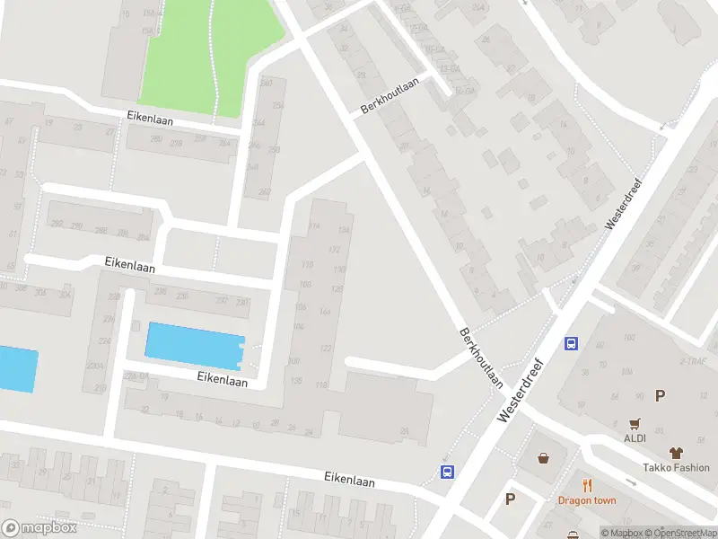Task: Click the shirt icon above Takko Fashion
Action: coord(676,453)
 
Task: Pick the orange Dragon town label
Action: coord(587,500)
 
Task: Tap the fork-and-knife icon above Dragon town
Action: coord(587,485)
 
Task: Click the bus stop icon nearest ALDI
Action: coord(571,342)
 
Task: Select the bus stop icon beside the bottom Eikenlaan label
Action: coord(447,472)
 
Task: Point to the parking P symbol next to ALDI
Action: coord(661,395)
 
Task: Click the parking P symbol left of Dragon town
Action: coord(511,499)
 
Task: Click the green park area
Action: coord(211,58)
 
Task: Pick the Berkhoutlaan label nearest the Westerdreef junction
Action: coord(481,357)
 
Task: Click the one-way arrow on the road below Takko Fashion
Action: coord(631,482)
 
